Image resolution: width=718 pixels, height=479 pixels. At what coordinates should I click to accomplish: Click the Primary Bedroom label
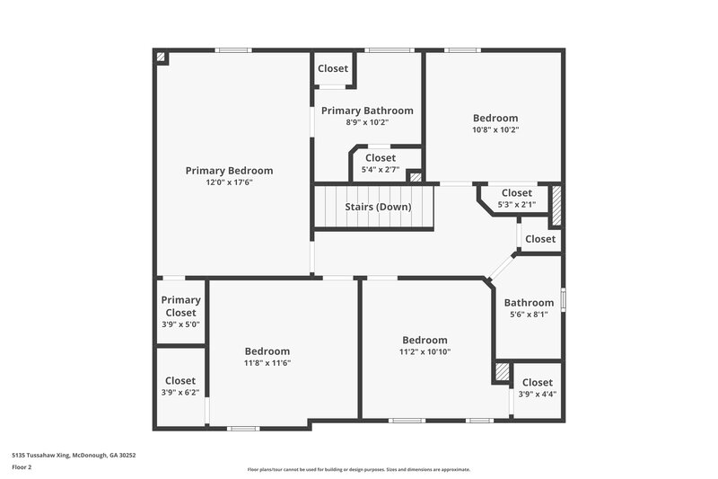click(x=229, y=171)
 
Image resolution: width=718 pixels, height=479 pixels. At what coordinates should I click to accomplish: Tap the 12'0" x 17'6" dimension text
click(x=229, y=183)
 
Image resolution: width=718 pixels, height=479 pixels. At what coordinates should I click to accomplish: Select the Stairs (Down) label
click(x=378, y=207)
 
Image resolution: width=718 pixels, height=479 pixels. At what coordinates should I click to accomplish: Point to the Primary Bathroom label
click(x=367, y=111)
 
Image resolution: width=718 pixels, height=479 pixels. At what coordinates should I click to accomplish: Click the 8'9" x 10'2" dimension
click(x=367, y=123)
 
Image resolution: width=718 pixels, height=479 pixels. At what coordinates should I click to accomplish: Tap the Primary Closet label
click(x=180, y=306)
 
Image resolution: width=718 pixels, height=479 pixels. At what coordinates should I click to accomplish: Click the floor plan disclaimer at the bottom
click(x=358, y=469)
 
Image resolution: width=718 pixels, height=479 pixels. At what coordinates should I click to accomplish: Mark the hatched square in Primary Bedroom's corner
click(x=161, y=57)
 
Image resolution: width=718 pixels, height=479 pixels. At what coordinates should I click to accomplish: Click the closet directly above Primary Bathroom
click(x=333, y=68)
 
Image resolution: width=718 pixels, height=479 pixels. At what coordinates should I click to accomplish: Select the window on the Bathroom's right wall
click(x=563, y=298)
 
